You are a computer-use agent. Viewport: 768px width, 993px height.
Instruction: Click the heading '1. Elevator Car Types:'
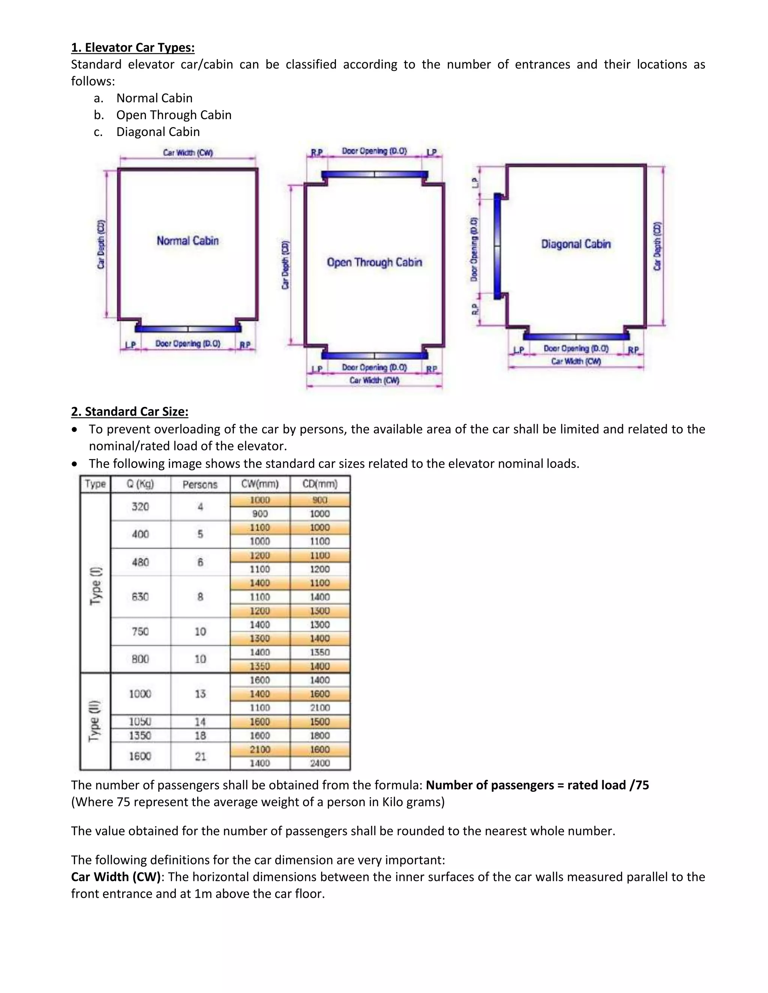[132, 47]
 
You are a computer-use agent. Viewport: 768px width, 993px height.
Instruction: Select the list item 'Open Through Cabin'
[173, 115]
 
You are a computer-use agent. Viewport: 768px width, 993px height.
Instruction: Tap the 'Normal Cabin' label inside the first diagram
[187, 241]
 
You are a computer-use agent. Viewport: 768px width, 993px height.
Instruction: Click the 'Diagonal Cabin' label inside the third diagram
[576, 244]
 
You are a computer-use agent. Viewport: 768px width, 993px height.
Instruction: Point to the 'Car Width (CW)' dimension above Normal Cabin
[188, 153]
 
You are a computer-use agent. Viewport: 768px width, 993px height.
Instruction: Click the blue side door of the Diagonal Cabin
[497, 246]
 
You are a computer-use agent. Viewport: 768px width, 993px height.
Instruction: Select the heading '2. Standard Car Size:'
[129, 411]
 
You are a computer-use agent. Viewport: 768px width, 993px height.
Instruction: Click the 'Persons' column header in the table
[200, 485]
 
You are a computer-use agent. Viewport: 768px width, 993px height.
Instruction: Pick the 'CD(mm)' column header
[320, 484]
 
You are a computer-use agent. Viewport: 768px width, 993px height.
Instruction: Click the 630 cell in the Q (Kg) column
[140, 597]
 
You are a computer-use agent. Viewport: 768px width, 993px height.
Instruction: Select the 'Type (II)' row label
[94, 722]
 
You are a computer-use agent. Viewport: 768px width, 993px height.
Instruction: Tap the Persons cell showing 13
[200, 694]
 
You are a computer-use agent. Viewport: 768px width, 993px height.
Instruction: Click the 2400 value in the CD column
[320, 763]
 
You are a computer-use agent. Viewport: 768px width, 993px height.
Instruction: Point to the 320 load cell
[140, 507]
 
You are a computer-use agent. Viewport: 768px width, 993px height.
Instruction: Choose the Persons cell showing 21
[200, 756]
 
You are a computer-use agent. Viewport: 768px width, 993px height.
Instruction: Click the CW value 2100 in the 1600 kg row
[260, 749]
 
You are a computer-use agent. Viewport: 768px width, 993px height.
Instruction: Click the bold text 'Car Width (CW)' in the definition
[115, 877]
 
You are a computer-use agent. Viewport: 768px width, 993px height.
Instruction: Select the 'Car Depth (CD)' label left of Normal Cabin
[101, 244]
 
